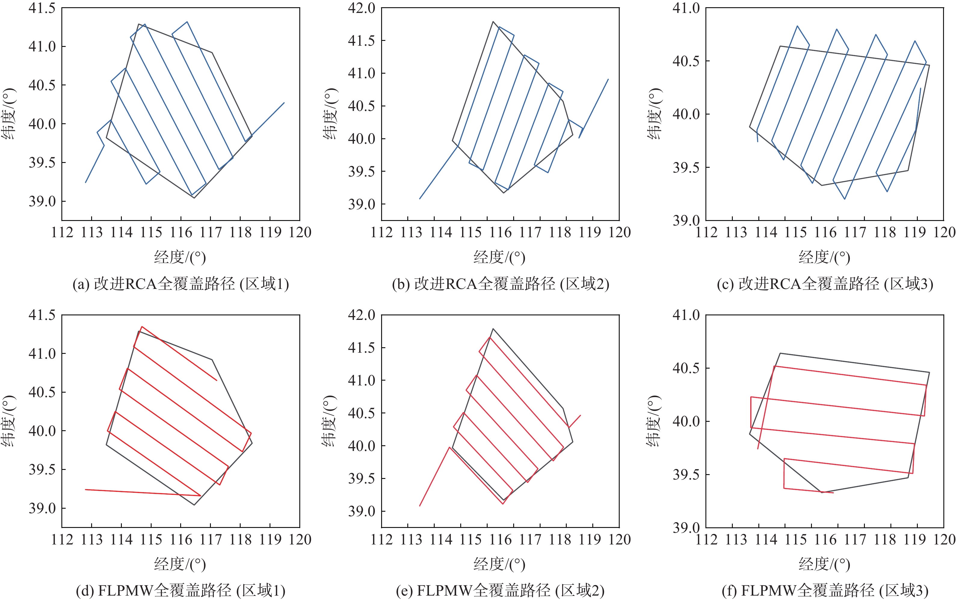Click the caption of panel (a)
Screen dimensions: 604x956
tap(180, 284)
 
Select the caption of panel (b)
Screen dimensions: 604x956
tap(500, 284)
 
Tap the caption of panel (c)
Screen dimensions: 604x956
tap(825, 284)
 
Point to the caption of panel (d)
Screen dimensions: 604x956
tap(180, 591)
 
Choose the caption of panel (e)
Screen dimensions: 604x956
tap(500, 591)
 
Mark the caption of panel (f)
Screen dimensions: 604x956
tap(825, 591)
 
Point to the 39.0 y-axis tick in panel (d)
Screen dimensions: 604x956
tap(42, 508)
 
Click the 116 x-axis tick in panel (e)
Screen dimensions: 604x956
tap(500, 540)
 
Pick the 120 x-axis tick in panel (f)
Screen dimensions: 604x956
tap(944, 540)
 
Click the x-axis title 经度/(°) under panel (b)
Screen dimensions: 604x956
tap(499, 258)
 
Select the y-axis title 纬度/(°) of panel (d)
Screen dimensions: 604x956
tap(9, 421)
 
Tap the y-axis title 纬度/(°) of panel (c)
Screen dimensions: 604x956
tap(654, 114)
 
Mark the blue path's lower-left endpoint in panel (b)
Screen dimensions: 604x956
tap(420, 199)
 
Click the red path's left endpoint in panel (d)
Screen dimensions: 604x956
tap(85, 490)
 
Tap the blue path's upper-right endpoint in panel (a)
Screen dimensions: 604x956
tap(284, 103)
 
